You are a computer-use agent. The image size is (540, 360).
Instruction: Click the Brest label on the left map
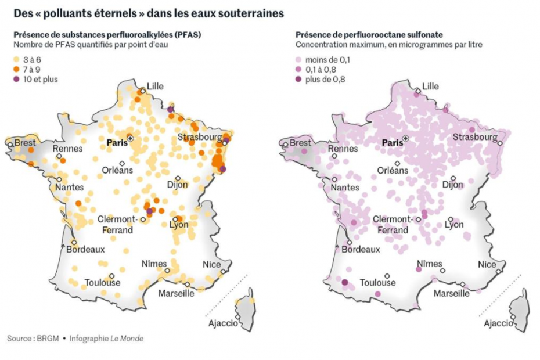[x=25, y=142]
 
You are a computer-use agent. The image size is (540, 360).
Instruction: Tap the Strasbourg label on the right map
[x=474, y=138]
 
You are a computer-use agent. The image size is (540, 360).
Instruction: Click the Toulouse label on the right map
[x=377, y=283]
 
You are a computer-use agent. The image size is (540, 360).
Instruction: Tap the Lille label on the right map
[x=430, y=87]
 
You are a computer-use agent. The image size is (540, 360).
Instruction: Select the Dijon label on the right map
[x=452, y=185]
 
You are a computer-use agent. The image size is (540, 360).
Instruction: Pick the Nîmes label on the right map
[x=430, y=264]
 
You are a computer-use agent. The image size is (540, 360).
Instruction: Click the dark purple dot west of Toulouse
[x=344, y=283]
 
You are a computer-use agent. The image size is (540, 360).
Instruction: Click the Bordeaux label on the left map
[x=85, y=250]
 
